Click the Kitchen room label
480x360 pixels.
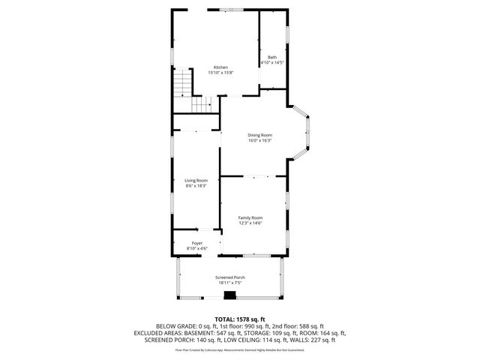pos(220,67)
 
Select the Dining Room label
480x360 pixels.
pos(259,135)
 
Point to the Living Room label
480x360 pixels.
pos(196,180)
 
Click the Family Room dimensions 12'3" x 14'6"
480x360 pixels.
pos(250,223)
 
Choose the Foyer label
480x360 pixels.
pos(196,243)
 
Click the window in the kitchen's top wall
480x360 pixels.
pos(226,9)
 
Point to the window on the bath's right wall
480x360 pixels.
pos(288,37)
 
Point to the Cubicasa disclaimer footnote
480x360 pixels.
pos(240,349)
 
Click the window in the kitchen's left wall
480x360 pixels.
pos(172,56)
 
